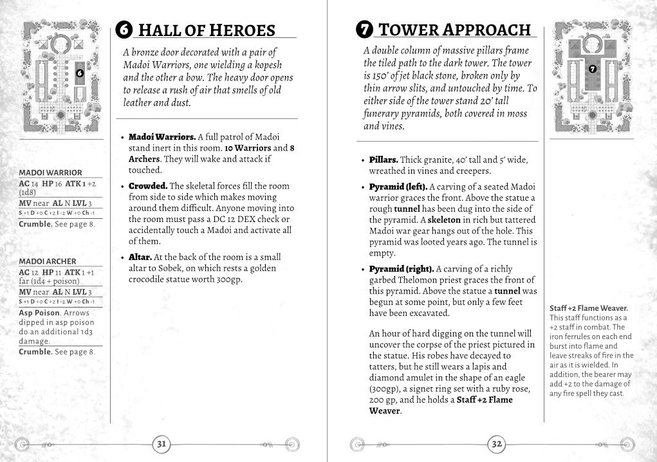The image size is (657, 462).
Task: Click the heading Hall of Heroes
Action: [207, 30]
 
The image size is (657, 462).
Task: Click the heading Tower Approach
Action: [454, 30]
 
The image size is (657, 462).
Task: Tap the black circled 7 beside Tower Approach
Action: [364, 30]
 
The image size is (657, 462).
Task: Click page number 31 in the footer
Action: [162, 443]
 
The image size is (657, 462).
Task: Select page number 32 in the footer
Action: [497, 443]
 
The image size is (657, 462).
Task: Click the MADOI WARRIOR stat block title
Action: [51, 172]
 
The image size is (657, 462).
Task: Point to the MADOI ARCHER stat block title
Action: [48, 261]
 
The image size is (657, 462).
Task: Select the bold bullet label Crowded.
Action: [147, 186]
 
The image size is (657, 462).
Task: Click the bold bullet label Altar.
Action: [140, 257]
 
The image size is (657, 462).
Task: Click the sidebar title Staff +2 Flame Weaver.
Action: [589, 308]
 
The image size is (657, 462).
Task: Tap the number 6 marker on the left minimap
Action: [79, 73]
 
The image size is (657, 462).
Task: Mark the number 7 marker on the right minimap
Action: [592, 69]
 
